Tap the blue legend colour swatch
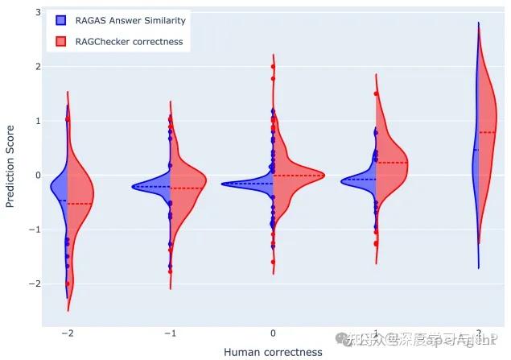coord(60,21)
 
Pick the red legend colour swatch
coord(60,41)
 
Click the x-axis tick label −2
coord(66,333)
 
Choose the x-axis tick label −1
coord(170,333)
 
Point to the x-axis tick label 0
coord(274,333)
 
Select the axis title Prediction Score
coord(10,166)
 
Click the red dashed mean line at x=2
coord(488,132)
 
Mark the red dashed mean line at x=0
coord(299,175)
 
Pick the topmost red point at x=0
coord(274,66)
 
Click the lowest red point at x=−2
coord(68,283)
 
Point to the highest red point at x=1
coord(377,93)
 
